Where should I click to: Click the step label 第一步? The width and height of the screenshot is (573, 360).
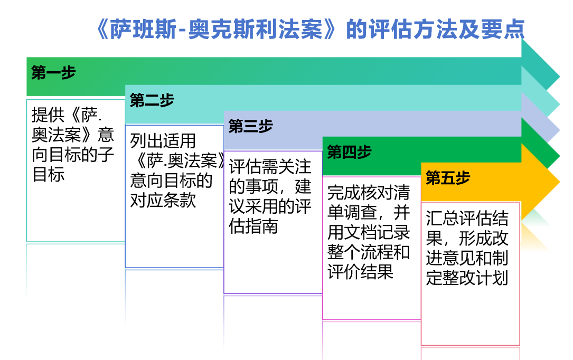tap(53, 72)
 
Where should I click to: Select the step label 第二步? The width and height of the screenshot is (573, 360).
tap(152, 100)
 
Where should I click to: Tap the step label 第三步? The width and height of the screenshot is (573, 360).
tap(251, 126)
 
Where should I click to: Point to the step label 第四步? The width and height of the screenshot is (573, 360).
tap(350, 152)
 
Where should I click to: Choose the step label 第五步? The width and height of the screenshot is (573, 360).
tap(448, 178)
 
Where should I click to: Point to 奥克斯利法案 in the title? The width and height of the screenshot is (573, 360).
tap(256, 29)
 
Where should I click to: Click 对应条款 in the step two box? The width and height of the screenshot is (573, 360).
tap(163, 201)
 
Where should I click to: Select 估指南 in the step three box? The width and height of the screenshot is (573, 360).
tap(253, 226)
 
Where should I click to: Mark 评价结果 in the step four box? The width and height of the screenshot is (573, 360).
tap(360, 272)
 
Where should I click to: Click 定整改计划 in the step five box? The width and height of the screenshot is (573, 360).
tap(467, 278)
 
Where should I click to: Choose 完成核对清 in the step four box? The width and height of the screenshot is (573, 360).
tap(369, 193)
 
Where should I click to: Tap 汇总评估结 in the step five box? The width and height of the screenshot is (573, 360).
tap(467, 219)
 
